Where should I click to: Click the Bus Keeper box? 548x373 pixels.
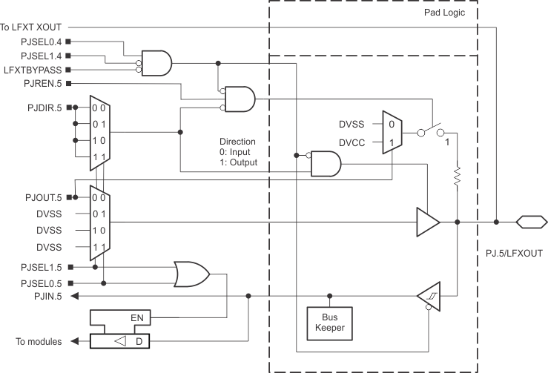[328, 322]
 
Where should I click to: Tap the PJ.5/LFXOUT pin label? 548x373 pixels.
[511, 253]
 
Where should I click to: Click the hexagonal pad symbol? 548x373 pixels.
[532, 221]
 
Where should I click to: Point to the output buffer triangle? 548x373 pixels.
[427, 221]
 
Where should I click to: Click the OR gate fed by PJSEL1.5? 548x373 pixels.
[191, 274]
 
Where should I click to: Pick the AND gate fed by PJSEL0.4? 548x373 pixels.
[155, 62]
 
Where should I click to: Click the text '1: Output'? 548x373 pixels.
[239, 161]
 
